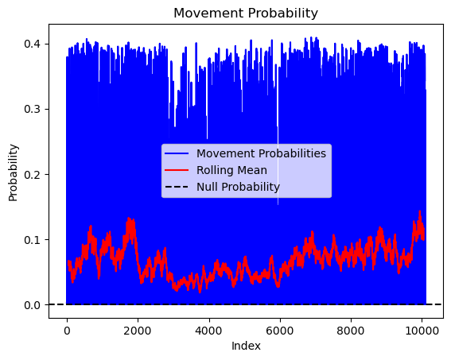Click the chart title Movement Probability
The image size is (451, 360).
(x=246, y=13)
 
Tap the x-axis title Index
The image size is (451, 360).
(x=246, y=346)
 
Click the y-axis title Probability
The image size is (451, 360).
(x=13, y=172)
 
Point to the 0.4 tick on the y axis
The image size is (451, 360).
(x=32, y=44)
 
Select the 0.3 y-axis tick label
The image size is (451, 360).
(x=32, y=109)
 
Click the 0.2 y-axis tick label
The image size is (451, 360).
(x=32, y=174)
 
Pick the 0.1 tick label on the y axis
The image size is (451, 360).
(x=32, y=240)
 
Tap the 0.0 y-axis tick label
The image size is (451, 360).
(x=32, y=305)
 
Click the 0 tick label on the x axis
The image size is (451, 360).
(x=67, y=331)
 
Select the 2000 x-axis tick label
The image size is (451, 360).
(x=138, y=331)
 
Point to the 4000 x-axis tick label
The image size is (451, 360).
(x=209, y=331)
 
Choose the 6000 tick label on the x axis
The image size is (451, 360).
(x=280, y=331)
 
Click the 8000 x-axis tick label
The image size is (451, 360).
(x=351, y=331)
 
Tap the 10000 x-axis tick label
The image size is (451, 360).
(x=422, y=331)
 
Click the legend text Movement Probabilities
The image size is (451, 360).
(x=261, y=153)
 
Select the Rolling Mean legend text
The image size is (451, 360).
(x=231, y=170)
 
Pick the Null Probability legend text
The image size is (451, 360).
(x=238, y=187)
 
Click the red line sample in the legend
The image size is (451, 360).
(x=177, y=170)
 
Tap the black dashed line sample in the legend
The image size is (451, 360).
(x=177, y=187)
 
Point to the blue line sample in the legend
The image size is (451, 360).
(x=177, y=153)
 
